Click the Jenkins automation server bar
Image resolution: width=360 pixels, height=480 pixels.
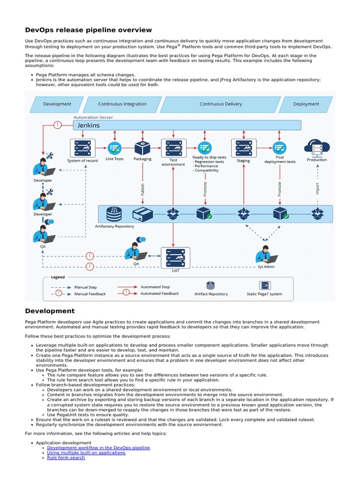click(x=187, y=125)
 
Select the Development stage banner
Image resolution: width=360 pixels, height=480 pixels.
click(x=57, y=104)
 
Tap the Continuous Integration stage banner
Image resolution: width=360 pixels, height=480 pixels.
click(x=122, y=104)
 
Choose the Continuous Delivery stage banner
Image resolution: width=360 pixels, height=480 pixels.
click(x=220, y=104)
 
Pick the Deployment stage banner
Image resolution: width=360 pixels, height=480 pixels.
click(x=306, y=104)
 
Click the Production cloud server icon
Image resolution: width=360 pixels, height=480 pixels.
click(x=317, y=148)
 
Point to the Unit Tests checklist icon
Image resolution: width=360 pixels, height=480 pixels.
click(x=114, y=148)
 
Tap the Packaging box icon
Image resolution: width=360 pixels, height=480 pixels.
click(x=142, y=148)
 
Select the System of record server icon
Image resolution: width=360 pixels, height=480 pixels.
click(x=82, y=148)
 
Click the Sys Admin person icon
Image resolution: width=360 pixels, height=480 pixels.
click(x=265, y=255)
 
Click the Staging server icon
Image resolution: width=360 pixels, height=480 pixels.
click(x=243, y=148)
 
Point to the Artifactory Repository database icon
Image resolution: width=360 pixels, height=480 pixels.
click(x=114, y=214)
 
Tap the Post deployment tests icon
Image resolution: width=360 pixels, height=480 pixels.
click(x=280, y=148)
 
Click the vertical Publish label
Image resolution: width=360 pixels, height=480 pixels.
click(x=143, y=190)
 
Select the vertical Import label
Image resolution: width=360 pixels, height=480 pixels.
click(x=317, y=189)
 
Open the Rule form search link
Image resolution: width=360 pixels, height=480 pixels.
click(x=66, y=457)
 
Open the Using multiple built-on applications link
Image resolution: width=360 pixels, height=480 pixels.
click(x=86, y=453)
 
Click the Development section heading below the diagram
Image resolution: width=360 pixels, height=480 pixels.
click(x=50, y=311)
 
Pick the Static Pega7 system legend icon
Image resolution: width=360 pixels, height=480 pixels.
click(x=264, y=285)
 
